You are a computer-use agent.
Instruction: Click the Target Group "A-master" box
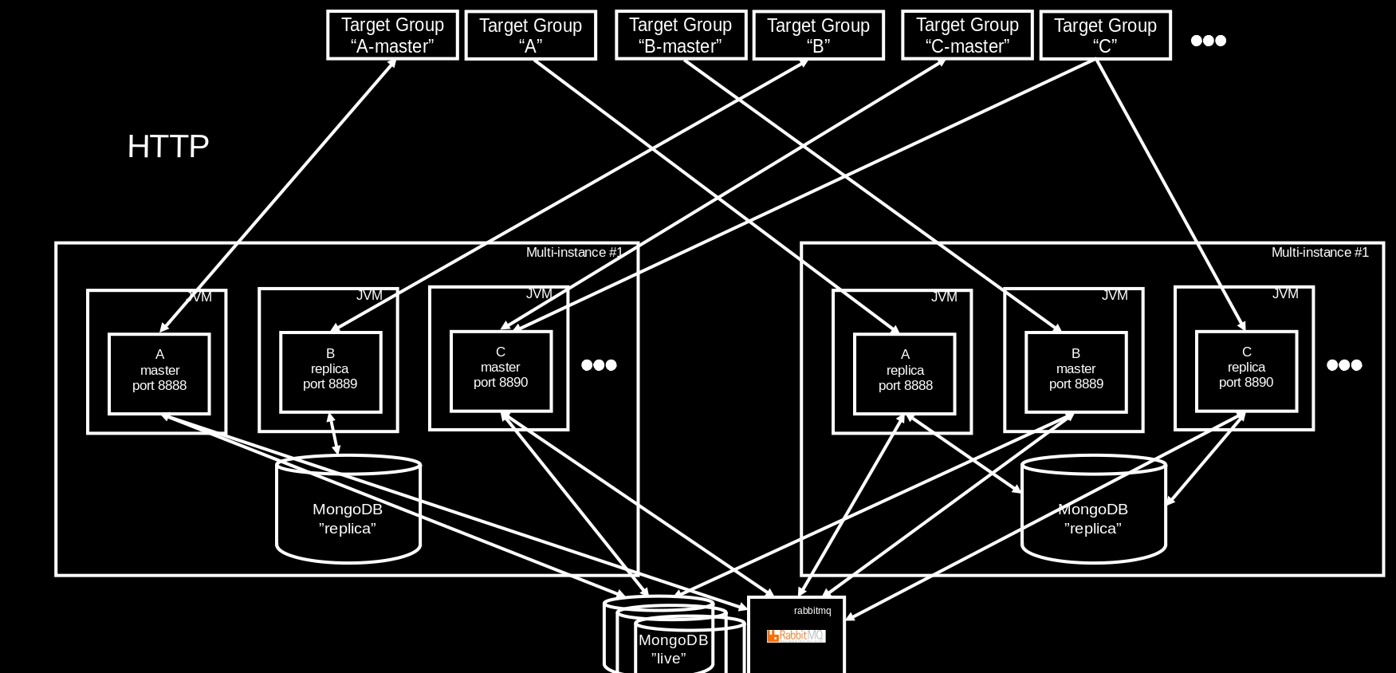click(x=392, y=35)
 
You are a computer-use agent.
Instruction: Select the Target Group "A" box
click(x=530, y=35)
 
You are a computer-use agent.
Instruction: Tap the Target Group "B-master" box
click(x=680, y=35)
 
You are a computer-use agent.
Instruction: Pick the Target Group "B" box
click(x=818, y=35)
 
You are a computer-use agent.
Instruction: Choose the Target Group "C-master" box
click(x=967, y=35)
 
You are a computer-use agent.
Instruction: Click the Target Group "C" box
click(x=1105, y=35)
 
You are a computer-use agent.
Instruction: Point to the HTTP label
click(x=168, y=147)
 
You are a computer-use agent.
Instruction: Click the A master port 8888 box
click(x=159, y=373)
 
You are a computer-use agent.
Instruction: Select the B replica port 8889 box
click(x=330, y=372)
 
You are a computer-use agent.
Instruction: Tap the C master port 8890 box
click(x=501, y=371)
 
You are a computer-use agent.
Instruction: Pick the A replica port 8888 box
click(x=905, y=373)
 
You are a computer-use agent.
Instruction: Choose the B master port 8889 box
click(x=1076, y=372)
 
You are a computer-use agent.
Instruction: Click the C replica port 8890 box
click(x=1246, y=371)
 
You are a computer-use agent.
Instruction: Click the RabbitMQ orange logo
click(x=796, y=636)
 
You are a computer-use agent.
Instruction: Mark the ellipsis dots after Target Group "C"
click(x=1208, y=41)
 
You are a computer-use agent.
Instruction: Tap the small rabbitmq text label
click(x=812, y=611)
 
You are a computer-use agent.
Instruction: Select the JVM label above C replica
click(x=1285, y=294)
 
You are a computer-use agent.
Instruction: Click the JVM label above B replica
click(x=369, y=296)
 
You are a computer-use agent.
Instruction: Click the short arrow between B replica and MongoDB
click(x=333, y=434)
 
